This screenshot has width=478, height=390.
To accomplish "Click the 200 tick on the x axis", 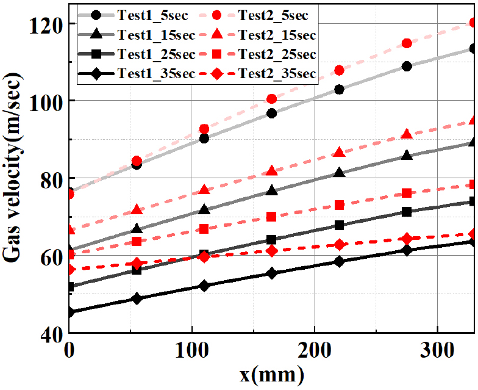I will [x=315, y=351].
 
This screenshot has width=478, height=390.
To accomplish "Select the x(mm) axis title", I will [x=272, y=374].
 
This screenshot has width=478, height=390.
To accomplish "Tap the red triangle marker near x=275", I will [x=407, y=134].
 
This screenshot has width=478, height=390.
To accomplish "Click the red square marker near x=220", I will [x=339, y=205].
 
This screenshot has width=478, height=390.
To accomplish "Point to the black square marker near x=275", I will [x=407, y=212].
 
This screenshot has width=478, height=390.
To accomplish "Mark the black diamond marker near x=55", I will [x=137, y=298].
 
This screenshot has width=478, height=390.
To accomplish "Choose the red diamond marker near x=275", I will [x=407, y=239].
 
